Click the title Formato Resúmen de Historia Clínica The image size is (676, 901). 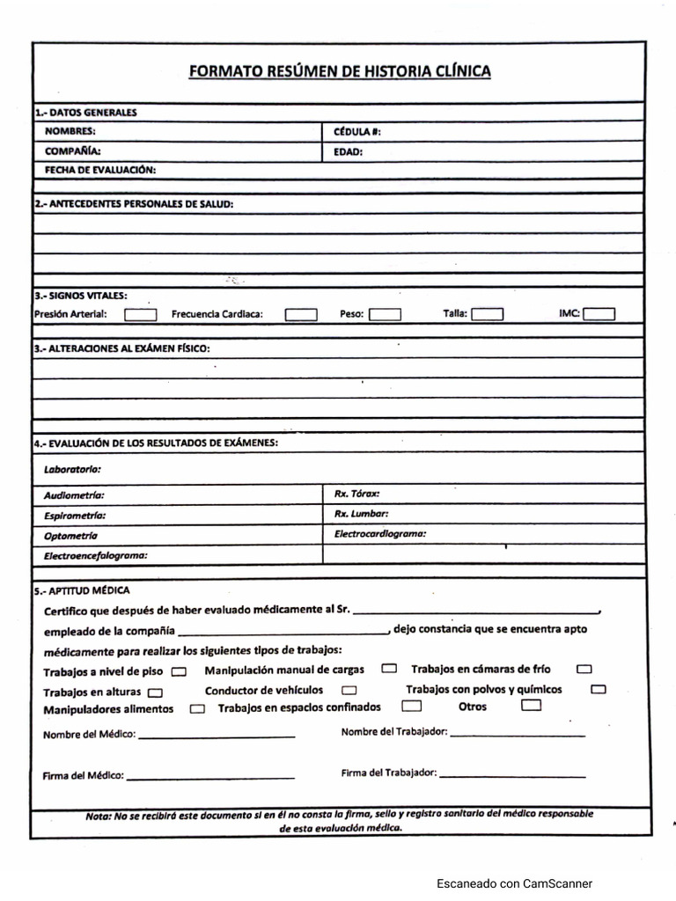pos(340,72)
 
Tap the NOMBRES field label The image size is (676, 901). pos(70,131)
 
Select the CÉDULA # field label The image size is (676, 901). pos(357,132)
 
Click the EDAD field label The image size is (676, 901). pos(348,151)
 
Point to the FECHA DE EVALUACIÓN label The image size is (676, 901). pos(99,169)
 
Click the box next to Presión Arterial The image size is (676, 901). pos(141,314)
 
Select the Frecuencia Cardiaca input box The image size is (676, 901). pos(301,314)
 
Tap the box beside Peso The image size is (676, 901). pos(385,314)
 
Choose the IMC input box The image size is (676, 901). pos(599,313)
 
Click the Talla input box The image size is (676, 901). pos(488,313)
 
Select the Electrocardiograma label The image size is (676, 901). pos(380,533)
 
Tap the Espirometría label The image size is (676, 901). pos(75,516)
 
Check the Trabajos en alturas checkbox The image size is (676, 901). pos(156,692)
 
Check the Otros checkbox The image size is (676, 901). pos(530,706)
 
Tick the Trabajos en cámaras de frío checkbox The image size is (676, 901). pos(584,670)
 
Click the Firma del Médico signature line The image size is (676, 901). pos(210,777)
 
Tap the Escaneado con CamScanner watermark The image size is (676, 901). pos(514,883)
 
